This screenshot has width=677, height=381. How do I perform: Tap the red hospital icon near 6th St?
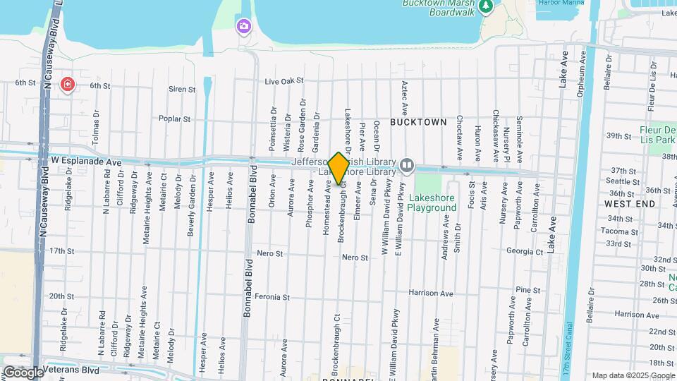tap(67, 85)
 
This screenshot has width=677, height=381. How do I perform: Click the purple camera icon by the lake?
tap(243, 26)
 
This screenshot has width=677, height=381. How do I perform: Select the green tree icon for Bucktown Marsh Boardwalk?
tap(486, 6)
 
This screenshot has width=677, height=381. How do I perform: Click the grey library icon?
tap(407, 165)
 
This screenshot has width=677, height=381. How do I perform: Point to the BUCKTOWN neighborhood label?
tap(419, 122)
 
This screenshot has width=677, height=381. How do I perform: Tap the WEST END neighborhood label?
tap(630, 203)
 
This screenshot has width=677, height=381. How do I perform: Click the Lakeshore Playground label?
tap(432, 203)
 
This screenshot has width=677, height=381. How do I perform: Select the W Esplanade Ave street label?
tap(86, 162)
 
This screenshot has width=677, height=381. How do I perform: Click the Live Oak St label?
tap(283, 81)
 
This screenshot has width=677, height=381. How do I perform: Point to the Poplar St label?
tap(174, 119)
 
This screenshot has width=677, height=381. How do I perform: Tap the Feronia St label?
tap(272, 297)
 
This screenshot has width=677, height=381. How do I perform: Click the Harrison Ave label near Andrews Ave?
tap(432, 293)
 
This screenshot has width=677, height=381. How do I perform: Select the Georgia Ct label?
tap(525, 251)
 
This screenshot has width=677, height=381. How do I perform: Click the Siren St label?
tap(182, 90)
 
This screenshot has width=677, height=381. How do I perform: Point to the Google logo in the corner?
tap(23, 372)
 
